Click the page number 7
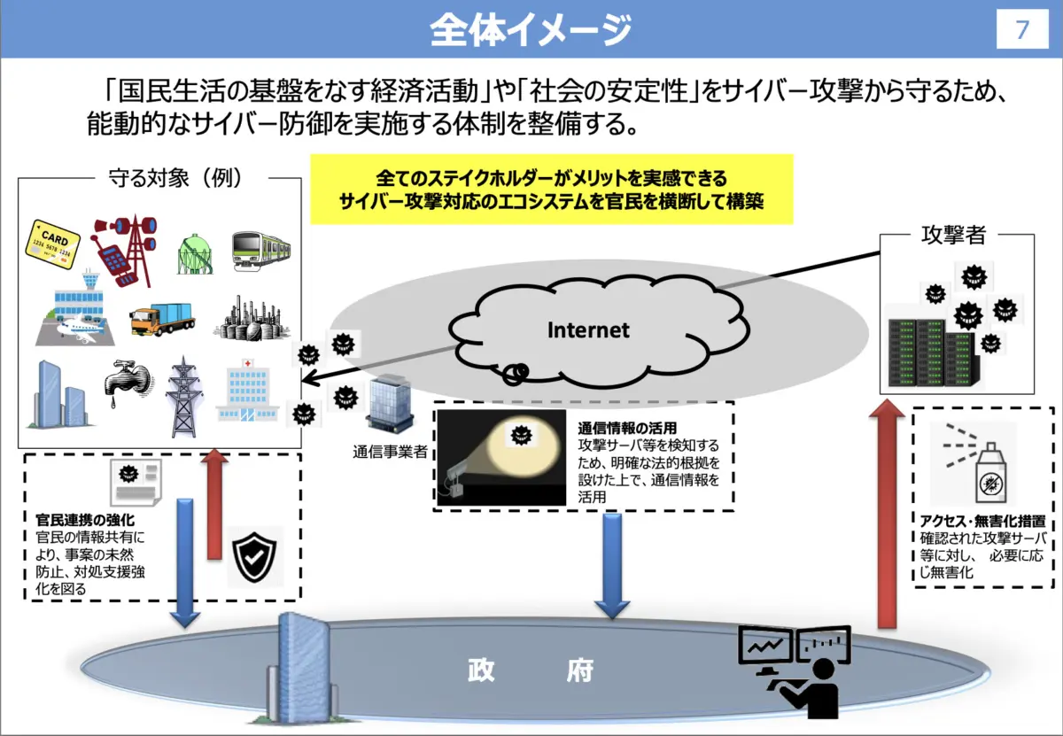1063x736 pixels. tap(1021, 29)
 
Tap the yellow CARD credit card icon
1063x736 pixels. tap(52, 244)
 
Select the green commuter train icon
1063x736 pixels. tap(261, 251)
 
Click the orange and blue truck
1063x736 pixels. tap(162, 319)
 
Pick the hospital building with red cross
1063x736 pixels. tap(247, 391)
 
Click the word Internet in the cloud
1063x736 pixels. tap(588, 330)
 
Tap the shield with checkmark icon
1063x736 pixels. tap(254, 556)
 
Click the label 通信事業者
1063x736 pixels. tap(390, 452)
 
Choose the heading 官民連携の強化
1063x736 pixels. tap(85, 520)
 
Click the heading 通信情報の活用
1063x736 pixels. tap(627, 428)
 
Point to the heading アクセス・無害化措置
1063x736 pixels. tap(982, 521)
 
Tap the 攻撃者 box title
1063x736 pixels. tap(953, 235)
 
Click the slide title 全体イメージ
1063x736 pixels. tap(531, 30)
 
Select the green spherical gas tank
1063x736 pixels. tap(195, 254)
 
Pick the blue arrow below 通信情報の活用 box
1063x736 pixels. tap(612, 566)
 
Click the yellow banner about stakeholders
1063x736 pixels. tap(551, 190)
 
